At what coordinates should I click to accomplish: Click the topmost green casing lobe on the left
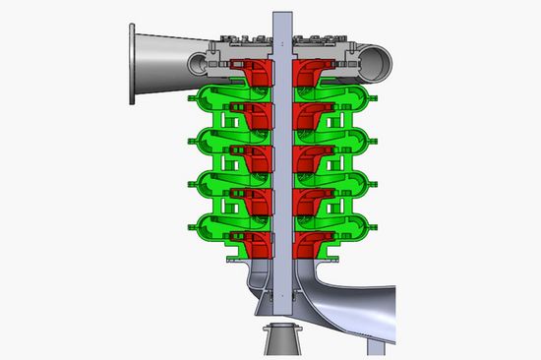(x=206, y=98)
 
